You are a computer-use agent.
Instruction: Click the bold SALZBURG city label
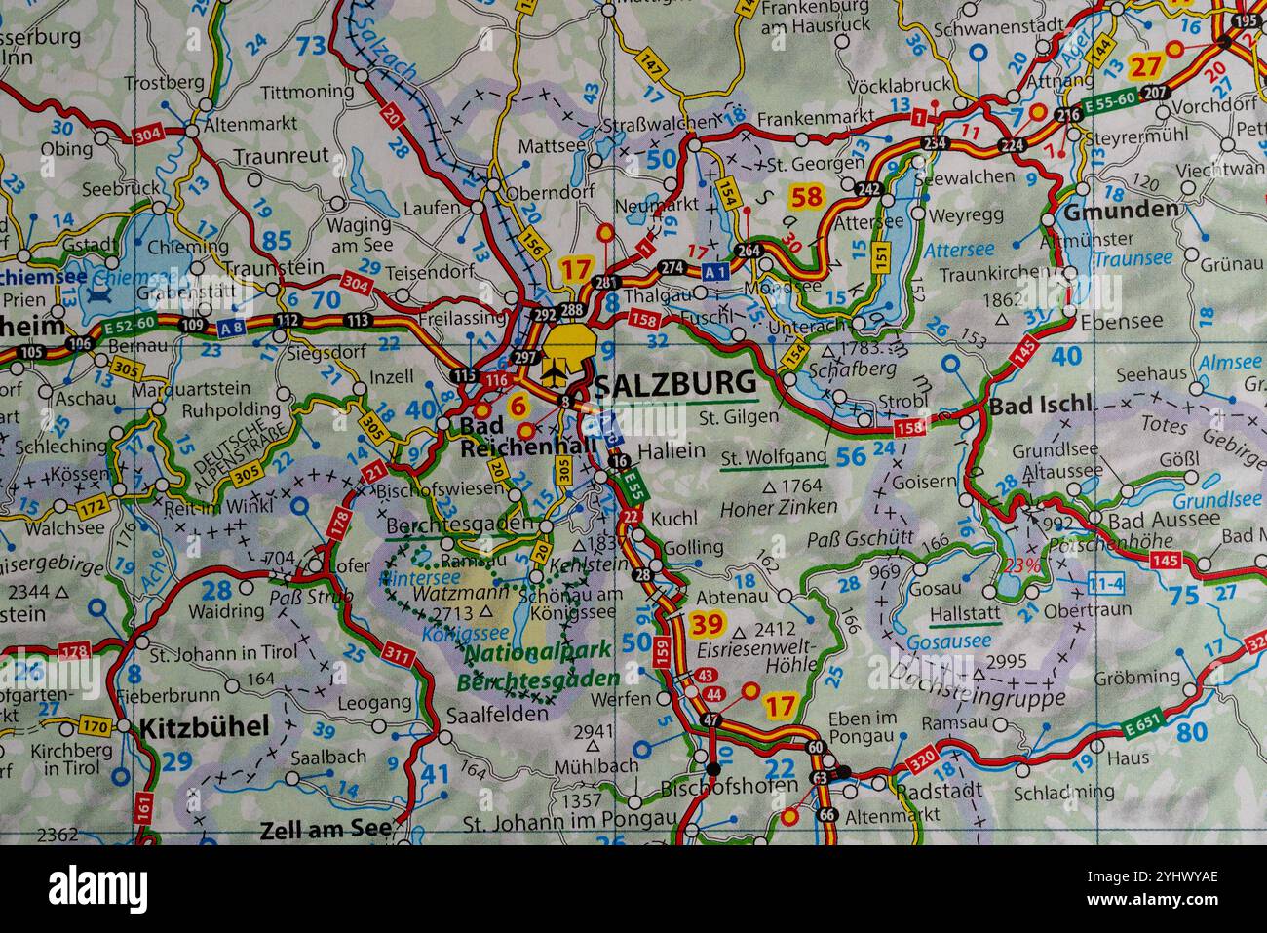click(x=674, y=383)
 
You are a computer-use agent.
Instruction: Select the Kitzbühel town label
click(x=205, y=726)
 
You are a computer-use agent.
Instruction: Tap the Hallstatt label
click(x=965, y=614)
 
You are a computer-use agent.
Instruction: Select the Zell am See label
click(x=326, y=831)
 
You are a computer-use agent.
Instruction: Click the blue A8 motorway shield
click(x=232, y=329)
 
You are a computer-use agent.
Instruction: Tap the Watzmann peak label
click(x=447, y=592)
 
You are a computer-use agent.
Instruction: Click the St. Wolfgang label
click(x=774, y=456)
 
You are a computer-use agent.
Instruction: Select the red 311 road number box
click(x=398, y=654)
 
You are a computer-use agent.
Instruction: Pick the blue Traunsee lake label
click(x=1133, y=258)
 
